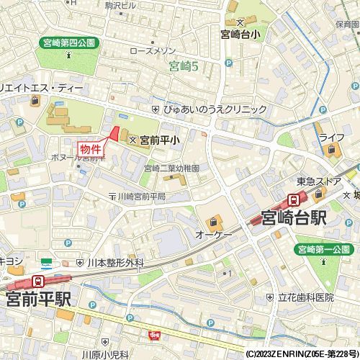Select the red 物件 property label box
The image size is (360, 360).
point(91,146)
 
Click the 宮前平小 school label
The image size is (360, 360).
point(159,141)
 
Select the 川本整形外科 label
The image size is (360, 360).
point(115,264)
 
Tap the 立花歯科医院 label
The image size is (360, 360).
point(305,297)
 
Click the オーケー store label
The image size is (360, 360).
point(213,235)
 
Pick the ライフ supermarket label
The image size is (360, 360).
point(332,138)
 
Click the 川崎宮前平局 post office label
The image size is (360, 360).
point(141,197)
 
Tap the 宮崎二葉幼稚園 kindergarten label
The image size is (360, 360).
point(171,168)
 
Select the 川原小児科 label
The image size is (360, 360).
point(104,354)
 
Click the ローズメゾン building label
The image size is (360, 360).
point(153,52)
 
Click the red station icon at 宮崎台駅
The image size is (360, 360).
point(294,199)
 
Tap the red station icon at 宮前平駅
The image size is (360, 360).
point(37,282)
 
